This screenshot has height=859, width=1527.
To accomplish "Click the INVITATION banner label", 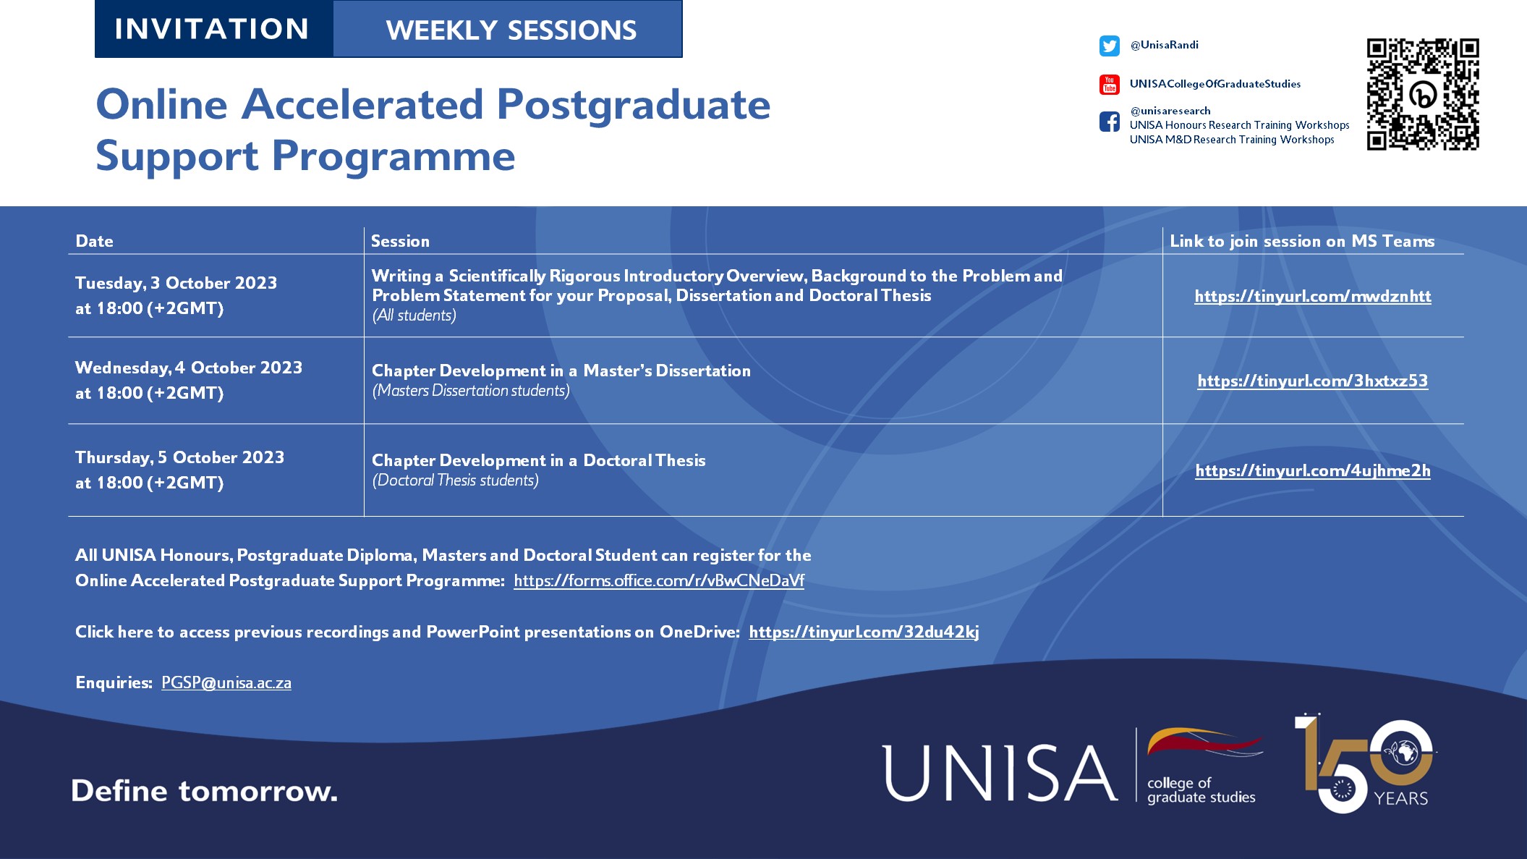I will click(x=212, y=29).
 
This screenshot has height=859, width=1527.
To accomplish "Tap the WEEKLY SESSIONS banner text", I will click(x=511, y=30).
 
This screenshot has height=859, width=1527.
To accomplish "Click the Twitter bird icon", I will click(x=1109, y=46).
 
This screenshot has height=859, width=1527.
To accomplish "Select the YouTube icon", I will click(x=1109, y=85).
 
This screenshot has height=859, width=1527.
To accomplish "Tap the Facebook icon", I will click(x=1109, y=122).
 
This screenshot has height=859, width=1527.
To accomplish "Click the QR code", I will click(x=1422, y=94).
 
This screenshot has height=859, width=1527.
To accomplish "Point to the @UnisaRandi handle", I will click(x=1164, y=45).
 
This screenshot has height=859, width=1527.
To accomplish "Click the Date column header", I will click(x=94, y=241).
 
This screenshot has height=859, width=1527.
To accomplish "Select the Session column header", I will click(x=400, y=241).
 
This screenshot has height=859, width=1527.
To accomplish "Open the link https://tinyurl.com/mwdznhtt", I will click(x=1312, y=296).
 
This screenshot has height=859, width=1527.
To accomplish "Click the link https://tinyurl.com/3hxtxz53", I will click(x=1312, y=381).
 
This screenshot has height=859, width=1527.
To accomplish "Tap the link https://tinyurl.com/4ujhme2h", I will click(x=1312, y=470).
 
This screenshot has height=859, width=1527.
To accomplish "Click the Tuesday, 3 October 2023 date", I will click(x=176, y=283).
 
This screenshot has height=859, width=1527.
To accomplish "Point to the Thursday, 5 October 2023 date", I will click(x=179, y=457).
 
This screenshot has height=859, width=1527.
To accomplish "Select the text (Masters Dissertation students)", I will click(x=471, y=391).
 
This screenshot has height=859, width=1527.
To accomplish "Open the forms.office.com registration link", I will click(x=658, y=580).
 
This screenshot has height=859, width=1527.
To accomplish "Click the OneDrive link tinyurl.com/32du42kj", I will click(x=864, y=632).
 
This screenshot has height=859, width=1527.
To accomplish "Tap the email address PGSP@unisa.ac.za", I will click(x=226, y=682).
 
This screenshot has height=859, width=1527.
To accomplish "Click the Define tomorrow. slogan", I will click(x=204, y=791).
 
